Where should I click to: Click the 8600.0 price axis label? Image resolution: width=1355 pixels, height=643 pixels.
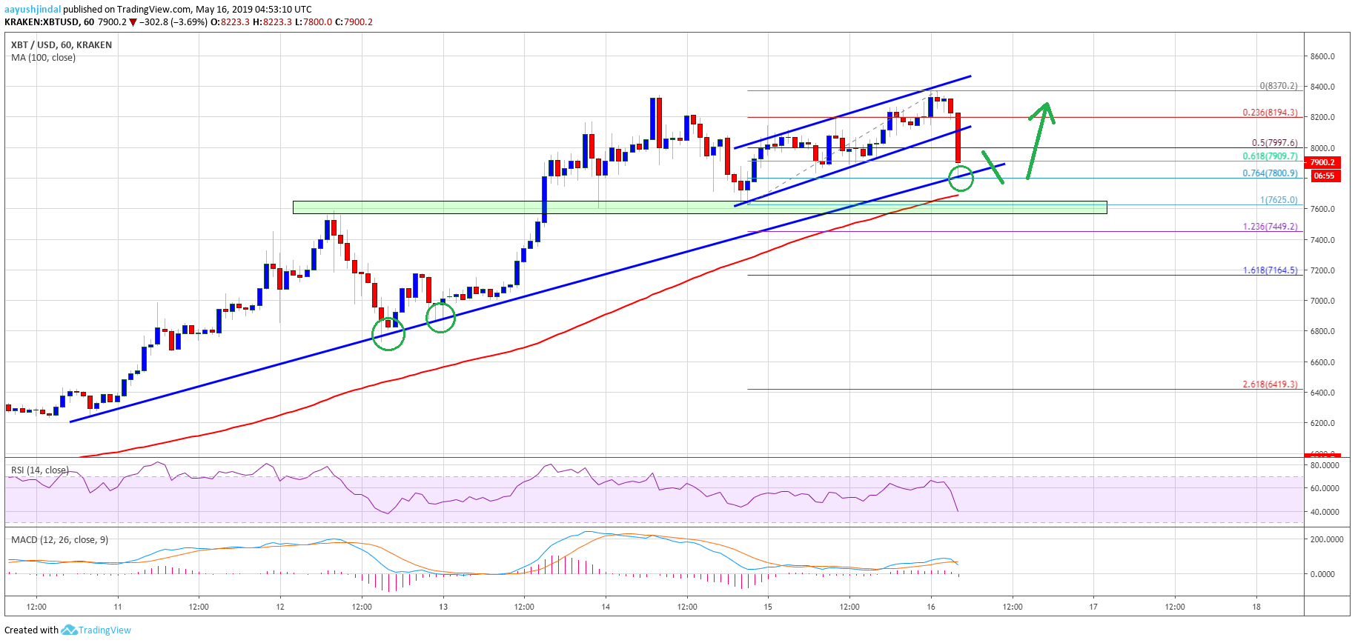tap(1322, 56)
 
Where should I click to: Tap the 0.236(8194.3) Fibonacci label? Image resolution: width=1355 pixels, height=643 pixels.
tap(1270, 113)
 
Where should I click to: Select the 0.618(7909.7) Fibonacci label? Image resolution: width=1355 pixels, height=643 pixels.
tap(1270, 156)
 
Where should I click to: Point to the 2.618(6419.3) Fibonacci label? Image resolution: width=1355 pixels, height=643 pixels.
tap(1270, 384)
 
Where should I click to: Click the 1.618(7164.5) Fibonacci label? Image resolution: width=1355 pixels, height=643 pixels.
tap(1270, 270)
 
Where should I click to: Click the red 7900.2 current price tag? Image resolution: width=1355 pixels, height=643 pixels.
tap(1322, 162)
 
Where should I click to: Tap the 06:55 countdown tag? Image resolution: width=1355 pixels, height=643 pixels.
tap(1323, 176)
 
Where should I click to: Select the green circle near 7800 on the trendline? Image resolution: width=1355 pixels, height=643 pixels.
tap(961, 179)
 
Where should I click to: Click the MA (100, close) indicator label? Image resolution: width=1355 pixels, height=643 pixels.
tap(43, 58)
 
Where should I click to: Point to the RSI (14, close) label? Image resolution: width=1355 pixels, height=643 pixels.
tap(40, 470)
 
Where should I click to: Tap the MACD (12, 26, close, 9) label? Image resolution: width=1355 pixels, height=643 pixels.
tap(59, 539)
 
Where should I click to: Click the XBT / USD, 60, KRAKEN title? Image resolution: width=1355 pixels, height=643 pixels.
tap(62, 45)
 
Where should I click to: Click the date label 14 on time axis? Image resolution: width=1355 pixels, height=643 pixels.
tap(606, 607)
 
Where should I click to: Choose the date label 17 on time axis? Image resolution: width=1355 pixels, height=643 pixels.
tap(1093, 607)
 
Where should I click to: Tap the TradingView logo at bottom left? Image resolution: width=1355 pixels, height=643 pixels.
tap(96, 630)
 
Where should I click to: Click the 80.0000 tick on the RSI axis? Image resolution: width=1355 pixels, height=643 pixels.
tap(1325, 465)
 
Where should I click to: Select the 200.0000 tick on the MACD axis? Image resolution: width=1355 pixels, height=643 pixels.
tap(1326, 539)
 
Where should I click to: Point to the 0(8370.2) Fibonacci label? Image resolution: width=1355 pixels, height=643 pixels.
tap(1278, 86)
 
